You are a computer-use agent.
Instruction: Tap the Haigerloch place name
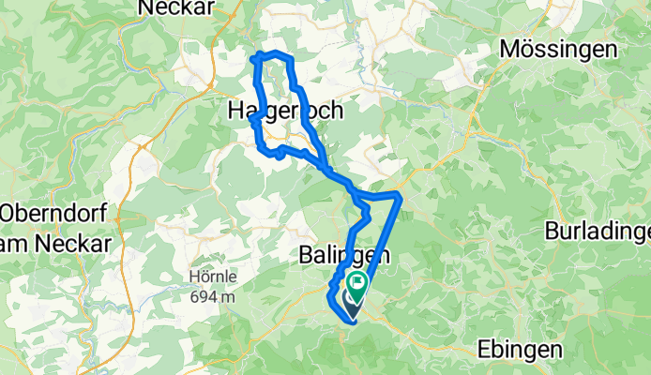click(x=285, y=111)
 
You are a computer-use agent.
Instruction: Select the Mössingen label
click(x=571, y=50)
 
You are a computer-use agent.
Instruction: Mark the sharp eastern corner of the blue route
click(x=400, y=195)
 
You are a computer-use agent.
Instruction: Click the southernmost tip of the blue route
click(x=352, y=320)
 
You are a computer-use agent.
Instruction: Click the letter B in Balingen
click(x=306, y=254)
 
